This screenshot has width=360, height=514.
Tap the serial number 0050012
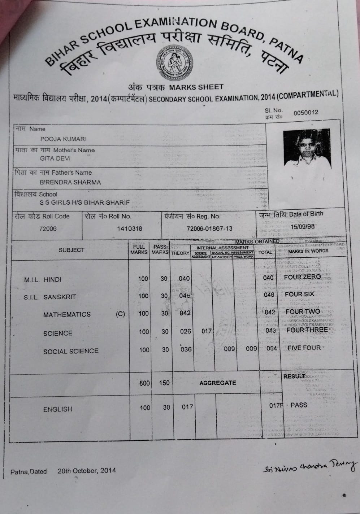306,112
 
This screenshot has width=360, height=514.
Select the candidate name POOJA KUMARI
64,139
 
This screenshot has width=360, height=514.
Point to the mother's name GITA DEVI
55,158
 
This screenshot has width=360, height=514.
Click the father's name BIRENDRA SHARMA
70,182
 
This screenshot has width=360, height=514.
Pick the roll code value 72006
48,228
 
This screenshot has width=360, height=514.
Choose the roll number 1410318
129,228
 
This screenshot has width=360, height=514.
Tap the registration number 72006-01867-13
209,228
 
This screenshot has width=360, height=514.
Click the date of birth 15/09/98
302,227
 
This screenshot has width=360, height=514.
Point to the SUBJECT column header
71,250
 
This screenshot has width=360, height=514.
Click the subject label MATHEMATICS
67,314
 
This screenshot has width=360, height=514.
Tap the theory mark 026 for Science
186,331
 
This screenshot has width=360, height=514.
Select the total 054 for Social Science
272,348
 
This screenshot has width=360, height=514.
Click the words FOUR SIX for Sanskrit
299,294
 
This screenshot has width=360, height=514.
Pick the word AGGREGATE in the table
217,383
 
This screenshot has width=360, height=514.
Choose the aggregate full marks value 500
144,383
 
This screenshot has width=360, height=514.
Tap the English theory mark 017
187,407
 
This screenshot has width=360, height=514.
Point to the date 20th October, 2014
87,470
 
